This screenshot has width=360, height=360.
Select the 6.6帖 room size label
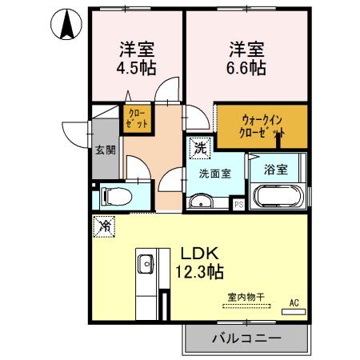click(245, 67)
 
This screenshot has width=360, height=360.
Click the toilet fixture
click(112, 195)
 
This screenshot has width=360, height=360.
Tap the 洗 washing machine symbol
click(200, 147)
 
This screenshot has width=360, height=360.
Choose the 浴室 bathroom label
click(276, 169)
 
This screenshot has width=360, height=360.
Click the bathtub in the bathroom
click(276, 196)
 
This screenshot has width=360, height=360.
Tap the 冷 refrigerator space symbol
click(103, 226)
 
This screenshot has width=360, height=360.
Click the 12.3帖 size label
click(199, 271)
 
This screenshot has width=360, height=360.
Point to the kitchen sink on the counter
click(146, 263)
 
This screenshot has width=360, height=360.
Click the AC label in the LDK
click(294, 303)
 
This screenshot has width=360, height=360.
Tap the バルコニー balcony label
click(246, 339)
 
